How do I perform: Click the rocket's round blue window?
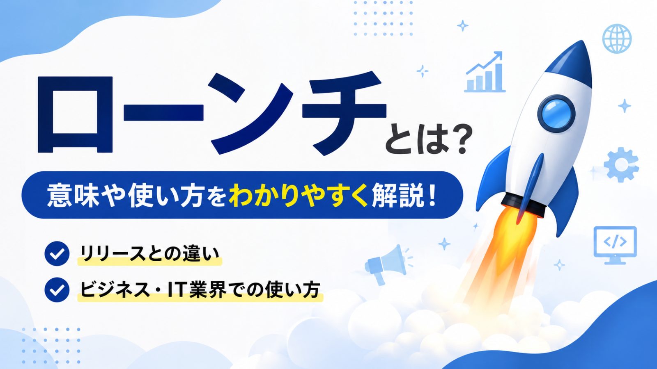pyautogui.click(x=556, y=113)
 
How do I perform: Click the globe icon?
pyautogui.click(x=617, y=39)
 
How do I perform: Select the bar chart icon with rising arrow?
pyautogui.click(x=485, y=72)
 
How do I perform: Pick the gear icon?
pyautogui.click(x=621, y=165)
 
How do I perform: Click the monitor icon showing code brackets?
pyautogui.click(x=615, y=245)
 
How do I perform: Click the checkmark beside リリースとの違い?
pyautogui.click(x=57, y=254)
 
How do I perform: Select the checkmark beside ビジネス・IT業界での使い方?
pyautogui.click(x=57, y=289)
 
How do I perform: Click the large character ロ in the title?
pyautogui.click(x=75, y=114)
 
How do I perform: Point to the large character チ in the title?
pyautogui.click(x=344, y=113)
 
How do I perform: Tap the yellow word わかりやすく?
pyautogui.click(x=298, y=195)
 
